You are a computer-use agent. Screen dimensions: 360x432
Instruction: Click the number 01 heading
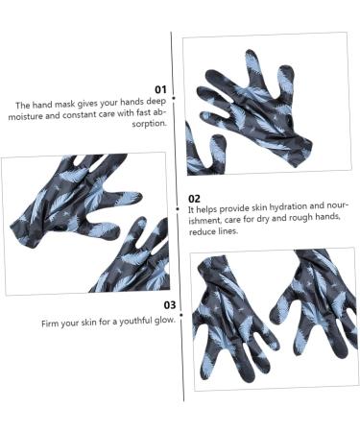point(160,89)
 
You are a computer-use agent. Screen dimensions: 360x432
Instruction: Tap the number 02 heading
point(194,199)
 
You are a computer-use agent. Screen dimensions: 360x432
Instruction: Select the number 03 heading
point(170,305)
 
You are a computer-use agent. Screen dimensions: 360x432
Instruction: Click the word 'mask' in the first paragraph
point(65,105)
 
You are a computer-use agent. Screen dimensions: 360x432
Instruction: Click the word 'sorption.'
point(150,124)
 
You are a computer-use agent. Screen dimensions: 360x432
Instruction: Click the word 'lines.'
point(228,230)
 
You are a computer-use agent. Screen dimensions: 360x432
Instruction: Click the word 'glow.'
point(165,320)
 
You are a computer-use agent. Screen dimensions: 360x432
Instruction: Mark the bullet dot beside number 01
point(174,98)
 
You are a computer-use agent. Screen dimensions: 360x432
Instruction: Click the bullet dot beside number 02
point(178,209)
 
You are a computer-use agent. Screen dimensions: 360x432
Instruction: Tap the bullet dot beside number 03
point(181,315)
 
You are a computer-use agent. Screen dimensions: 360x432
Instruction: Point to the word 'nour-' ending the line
point(338,205)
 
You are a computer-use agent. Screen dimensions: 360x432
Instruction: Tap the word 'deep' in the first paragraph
point(156,102)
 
